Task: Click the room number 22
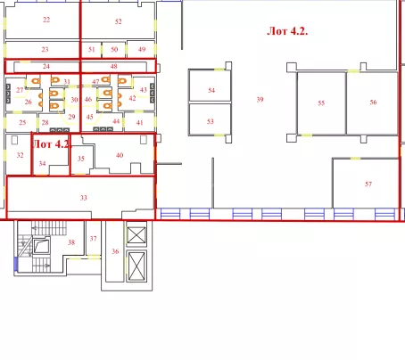[x=46, y=20]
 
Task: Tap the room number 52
[x=119, y=21]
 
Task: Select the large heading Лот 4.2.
[x=287, y=31]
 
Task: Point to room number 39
[x=260, y=100]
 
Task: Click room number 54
[x=211, y=90]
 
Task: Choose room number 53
[x=211, y=121]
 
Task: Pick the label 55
[x=321, y=103]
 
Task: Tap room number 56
[x=373, y=102]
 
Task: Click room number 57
[x=368, y=184]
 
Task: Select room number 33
[x=84, y=198]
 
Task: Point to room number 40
[x=120, y=155]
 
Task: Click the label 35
[x=81, y=159]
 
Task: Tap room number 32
[x=20, y=155]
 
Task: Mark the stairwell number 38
[x=71, y=242]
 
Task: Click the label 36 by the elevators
[x=115, y=251]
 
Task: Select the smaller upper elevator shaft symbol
[x=136, y=234]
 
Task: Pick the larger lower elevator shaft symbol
[x=136, y=266]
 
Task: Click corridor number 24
[x=46, y=66]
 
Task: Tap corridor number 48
[x=113, y=66]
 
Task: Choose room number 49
[x=142, y=49]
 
